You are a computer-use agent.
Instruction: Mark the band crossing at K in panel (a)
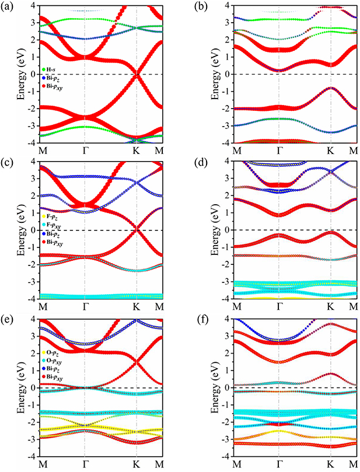(137, 74)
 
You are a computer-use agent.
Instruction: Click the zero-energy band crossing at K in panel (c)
(137, 230)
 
